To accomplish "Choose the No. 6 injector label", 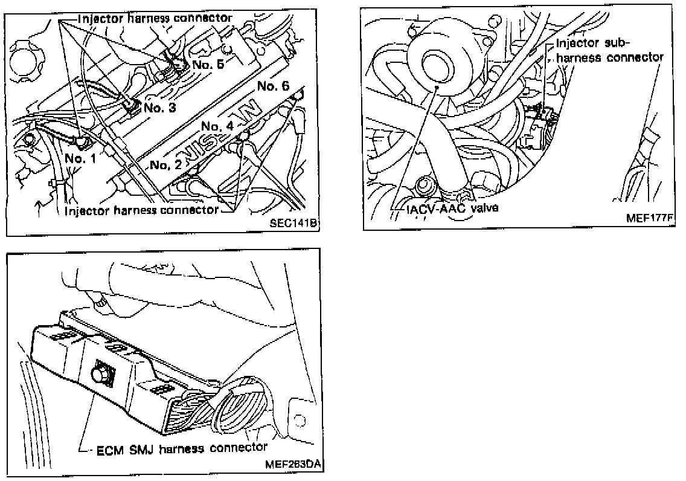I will click(x=274, y=86).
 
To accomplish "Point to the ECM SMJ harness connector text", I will click(x=182, y=448).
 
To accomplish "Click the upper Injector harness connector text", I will click(x=155, y=18).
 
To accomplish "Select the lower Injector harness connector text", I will click(x=141, y=210).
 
